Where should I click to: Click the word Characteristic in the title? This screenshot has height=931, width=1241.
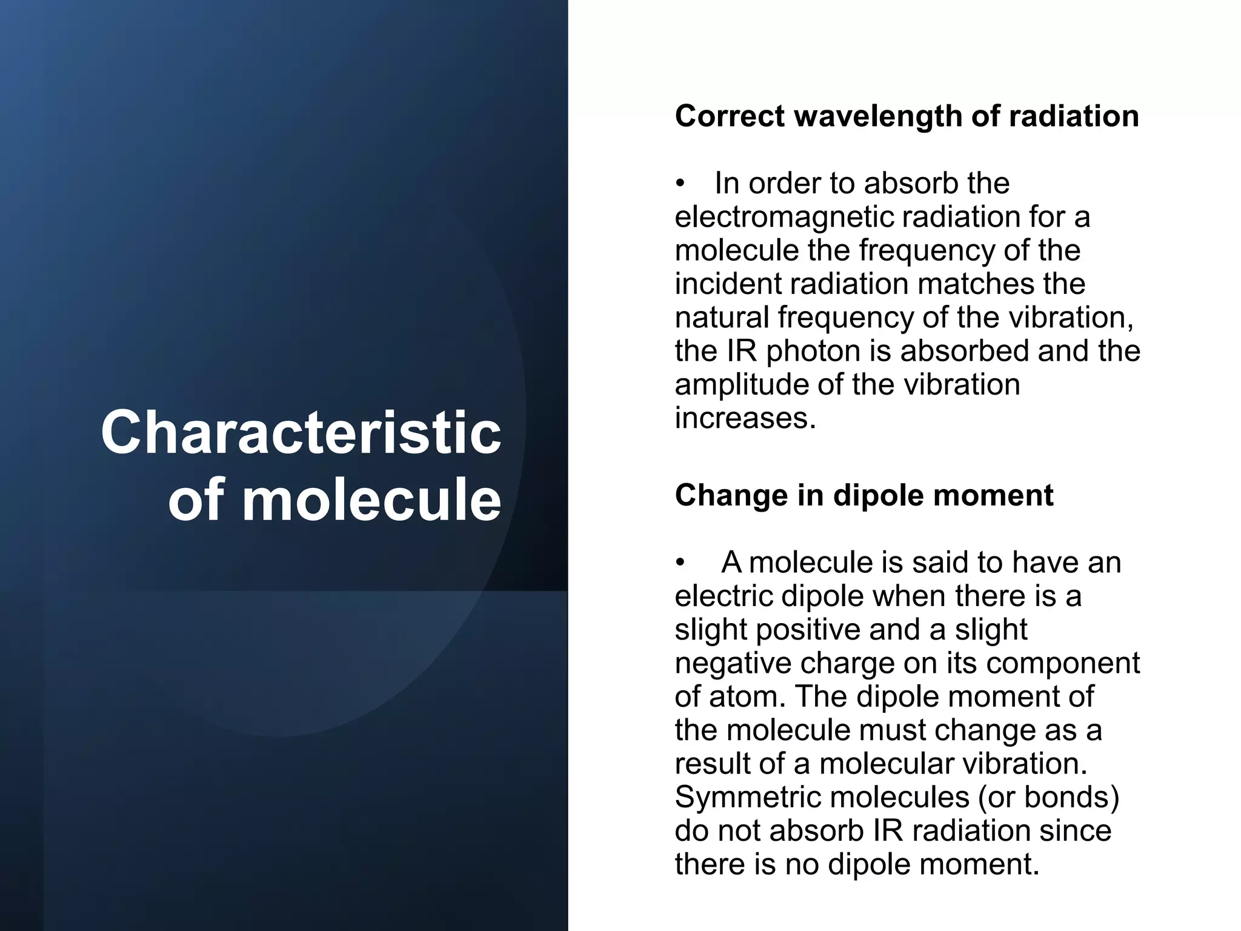[301, 432]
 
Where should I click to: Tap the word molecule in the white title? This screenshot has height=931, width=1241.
[371, 500]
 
